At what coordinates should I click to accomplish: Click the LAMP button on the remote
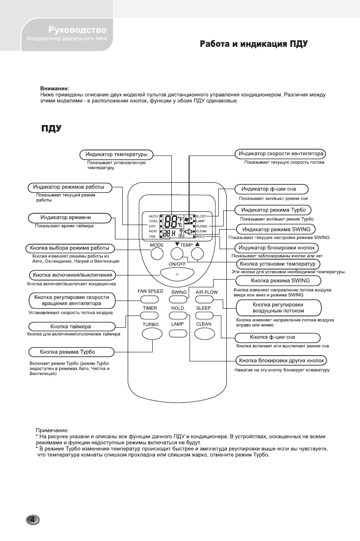coord(177,334)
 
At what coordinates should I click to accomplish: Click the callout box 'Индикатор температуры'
coord(117,155)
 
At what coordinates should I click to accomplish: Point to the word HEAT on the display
coord(153,231)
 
